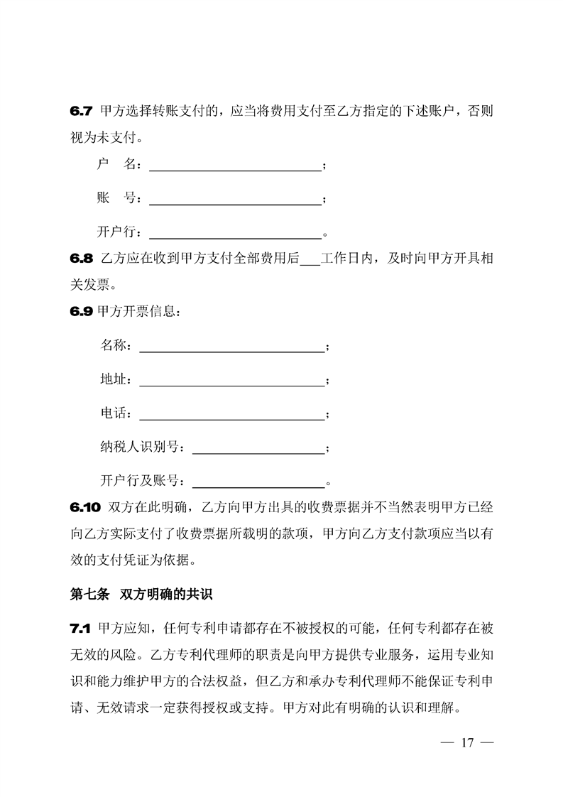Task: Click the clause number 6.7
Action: [82, 112]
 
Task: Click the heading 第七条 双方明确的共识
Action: [146, 595]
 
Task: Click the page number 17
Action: [466, 743]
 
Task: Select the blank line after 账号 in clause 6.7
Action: [234, 202]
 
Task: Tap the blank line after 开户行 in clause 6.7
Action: [234, 236]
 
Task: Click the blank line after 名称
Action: [231, 349]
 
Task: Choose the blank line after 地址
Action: [231, 384]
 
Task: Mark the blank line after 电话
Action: [231, 418]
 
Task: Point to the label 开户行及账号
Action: [142, 481]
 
